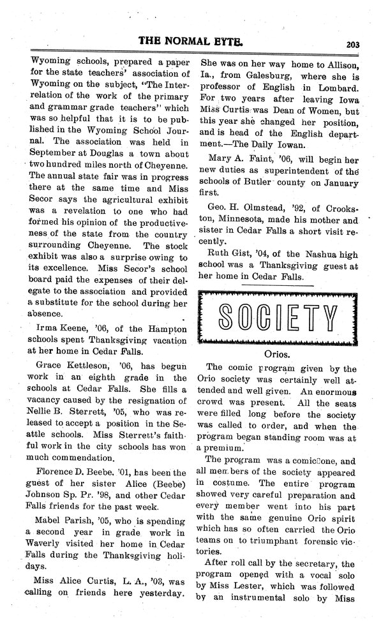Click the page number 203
[x=354, y=45]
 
